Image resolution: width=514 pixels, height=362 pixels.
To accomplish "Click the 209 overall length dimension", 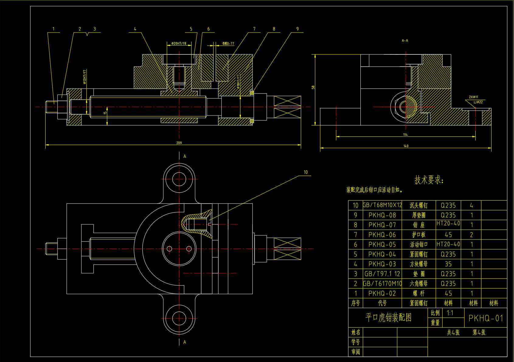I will pyautogui.click(x=179, y=143).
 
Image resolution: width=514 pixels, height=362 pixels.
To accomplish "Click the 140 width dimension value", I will pyautogui.click(x=406, y=146).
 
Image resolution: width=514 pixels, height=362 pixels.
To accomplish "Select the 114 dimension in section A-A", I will pyautogui.click(x=405, y=135).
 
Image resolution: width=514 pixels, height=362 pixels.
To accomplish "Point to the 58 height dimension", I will pyautogui.click(x=313, y=87).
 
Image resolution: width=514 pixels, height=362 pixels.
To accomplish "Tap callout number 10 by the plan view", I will pyautogui.click(x=306, y=172).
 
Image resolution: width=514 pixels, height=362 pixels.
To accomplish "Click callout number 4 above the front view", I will pyautogui.click(x=135, y=29).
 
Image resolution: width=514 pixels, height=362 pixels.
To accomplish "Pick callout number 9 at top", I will pyautogui.click(x=297, y=29).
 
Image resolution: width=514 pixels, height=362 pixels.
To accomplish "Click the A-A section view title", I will pyautogui.click(x=405, y=40).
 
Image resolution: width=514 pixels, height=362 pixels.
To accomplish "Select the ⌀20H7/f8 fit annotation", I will pyautogui.click(x=179, y=43).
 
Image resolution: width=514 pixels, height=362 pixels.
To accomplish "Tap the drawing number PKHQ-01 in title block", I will pyautogui.click(x=486, y=318).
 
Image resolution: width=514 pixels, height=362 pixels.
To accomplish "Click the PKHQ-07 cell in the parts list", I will pyautogui.click(x=382, y=225).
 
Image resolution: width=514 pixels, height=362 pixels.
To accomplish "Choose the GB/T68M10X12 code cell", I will pyautogui.click(x=382, y=205).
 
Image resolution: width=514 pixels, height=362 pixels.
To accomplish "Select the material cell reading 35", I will pyautogui.click(x=448, y=264).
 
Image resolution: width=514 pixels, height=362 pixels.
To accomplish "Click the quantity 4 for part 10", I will pyautogui.click(x=471, y=205).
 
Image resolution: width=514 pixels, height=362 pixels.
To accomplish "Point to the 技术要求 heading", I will pyautogui.click(x=429, y=180).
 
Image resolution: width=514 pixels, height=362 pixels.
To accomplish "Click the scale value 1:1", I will pyautogui.click(x=450, y=313).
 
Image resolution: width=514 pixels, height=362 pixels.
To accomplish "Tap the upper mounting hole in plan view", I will pyautogui.click(x=179, y=179).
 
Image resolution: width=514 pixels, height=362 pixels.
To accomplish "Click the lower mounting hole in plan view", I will pyautogui.click(x=179, y=319).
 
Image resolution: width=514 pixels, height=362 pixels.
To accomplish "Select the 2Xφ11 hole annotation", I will pyautogui.click(x=473, y=97).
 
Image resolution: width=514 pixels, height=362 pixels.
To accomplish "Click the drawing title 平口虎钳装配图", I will pyautogui.click(x=388, y=318).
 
